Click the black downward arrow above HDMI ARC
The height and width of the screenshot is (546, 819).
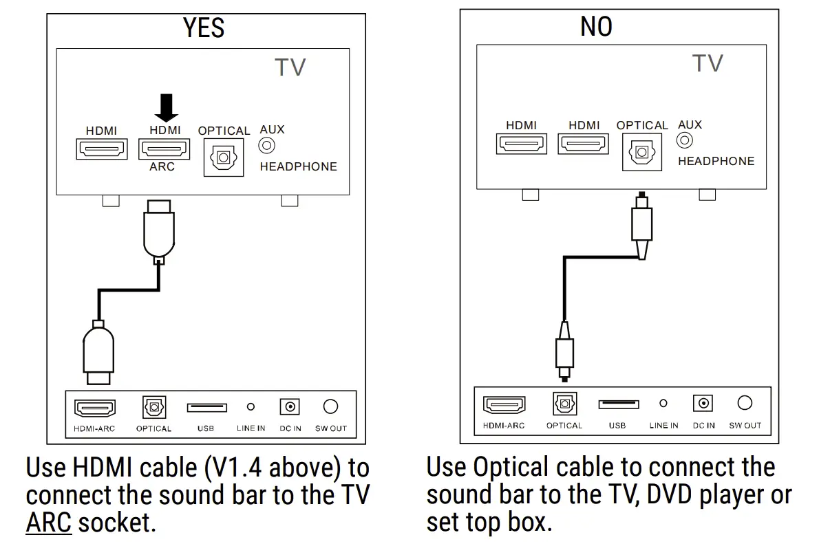[165, 107]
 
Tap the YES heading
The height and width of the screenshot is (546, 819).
[204, 28]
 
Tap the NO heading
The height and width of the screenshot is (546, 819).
[596, 27]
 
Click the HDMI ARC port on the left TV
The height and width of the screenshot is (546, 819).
[164, 149]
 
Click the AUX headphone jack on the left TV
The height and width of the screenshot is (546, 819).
[266, 146]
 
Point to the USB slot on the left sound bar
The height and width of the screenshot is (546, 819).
[206, 408]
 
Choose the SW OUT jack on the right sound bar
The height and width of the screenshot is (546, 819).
[745, 403]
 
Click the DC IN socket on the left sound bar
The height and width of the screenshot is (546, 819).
[290, 407]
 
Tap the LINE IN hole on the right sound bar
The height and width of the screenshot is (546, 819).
[663, 404]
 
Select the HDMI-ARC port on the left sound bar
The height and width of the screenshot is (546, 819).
[95, 408]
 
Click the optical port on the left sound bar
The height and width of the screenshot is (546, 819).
[153, 407]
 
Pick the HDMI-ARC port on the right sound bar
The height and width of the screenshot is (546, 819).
[504, 404]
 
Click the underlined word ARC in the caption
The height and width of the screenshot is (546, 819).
[48, 523]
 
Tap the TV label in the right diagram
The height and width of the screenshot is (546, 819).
[708, 63]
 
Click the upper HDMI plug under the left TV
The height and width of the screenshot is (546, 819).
[159, 230]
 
